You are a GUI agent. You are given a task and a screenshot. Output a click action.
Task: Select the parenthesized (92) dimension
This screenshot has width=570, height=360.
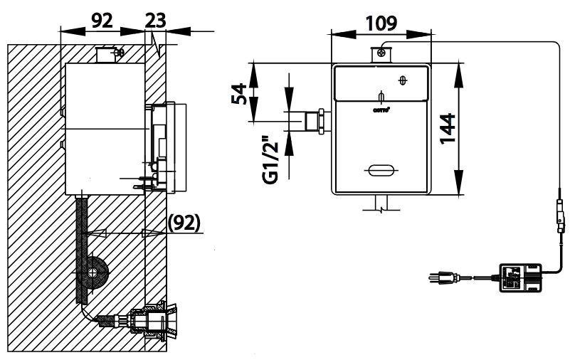[184, 223]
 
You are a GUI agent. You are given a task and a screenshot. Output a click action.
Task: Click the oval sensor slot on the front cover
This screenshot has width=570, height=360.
[381, 170]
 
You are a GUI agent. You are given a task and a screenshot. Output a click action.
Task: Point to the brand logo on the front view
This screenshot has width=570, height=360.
[380, 109]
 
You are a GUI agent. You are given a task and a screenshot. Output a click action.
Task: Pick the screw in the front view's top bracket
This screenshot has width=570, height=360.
[383, 51]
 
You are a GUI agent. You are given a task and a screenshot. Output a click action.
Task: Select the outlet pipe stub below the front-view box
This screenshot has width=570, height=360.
[381, 203]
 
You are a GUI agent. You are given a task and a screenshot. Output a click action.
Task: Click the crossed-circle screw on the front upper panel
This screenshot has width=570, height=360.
[404, 80]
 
